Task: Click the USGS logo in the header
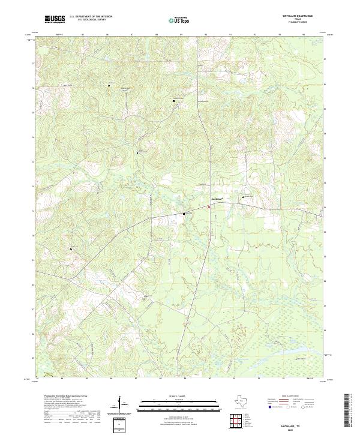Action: pos(55,19)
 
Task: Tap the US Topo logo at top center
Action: pos(181,20)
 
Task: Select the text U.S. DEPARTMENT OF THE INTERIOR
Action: pos(91,17)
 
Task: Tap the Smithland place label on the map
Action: pos(217,199)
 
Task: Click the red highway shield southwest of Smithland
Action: pos(209,208)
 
